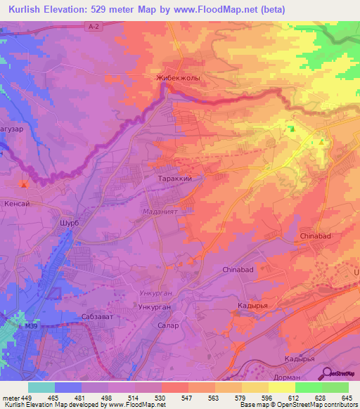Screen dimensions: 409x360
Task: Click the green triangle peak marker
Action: point(291,129)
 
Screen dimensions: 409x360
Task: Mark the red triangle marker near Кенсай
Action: point(24,185)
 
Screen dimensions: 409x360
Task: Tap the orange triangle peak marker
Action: point(321,143)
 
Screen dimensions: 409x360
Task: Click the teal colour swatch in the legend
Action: point(41,387)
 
